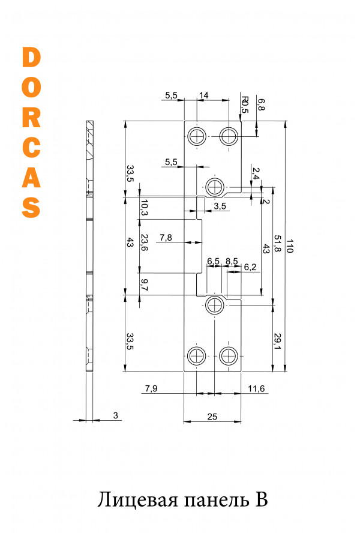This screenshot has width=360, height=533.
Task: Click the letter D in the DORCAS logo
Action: (31, 57)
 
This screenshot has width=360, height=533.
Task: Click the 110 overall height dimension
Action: (289, 245)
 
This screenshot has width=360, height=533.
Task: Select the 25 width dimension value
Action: (212, 417)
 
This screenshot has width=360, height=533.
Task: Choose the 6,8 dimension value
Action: (261, 104)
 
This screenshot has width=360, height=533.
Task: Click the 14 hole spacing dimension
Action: (203, 95)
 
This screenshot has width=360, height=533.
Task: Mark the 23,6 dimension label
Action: (144, 242)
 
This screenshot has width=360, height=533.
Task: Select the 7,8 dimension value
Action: (166, 238)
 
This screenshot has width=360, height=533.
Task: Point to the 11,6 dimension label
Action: (256, 388)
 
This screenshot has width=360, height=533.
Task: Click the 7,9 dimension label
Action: (151, 388)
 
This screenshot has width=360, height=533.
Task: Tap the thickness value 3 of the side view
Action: (116, 415)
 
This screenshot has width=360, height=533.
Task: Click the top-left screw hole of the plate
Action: (197, 137)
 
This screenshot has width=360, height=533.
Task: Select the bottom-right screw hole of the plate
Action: (229, 356)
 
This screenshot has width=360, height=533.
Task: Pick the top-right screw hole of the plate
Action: (229, 137)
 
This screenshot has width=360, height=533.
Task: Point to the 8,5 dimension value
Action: (232, 261)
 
